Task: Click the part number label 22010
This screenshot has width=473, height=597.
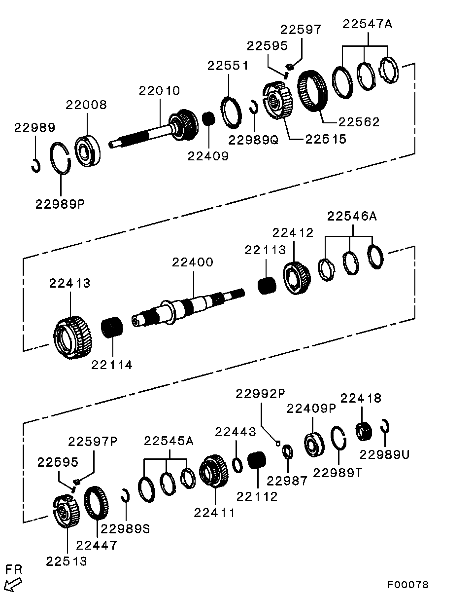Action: [x=159, y=91]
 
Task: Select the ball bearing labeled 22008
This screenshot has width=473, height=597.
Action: [x=88, y=151]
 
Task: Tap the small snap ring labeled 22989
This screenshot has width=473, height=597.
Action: [x=36, y=166]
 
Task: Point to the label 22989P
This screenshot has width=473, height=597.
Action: [x=60, y=204]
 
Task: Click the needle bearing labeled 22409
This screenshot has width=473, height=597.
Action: [x=208, y=119]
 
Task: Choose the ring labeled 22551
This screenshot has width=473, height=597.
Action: [x=231, y=112]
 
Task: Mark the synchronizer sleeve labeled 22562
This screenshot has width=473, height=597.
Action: [x=312, y=91]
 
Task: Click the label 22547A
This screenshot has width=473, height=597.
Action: [x=368, y=24]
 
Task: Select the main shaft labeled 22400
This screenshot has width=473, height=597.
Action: [x=188, y=308]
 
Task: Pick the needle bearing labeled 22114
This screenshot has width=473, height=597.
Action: [x=112, y=327]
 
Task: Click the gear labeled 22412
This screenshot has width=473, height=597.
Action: [x=297, y=278]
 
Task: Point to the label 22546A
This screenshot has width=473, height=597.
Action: [x=352, y=217]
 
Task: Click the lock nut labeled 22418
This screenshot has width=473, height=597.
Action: [x=364, y=431]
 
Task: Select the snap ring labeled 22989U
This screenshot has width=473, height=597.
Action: [x=385, y=426]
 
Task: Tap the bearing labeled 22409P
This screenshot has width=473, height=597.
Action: [x=314, y=445]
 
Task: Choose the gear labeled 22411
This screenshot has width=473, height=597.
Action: [x=214, y=471]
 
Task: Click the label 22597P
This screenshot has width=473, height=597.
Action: [x=93, y=442]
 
